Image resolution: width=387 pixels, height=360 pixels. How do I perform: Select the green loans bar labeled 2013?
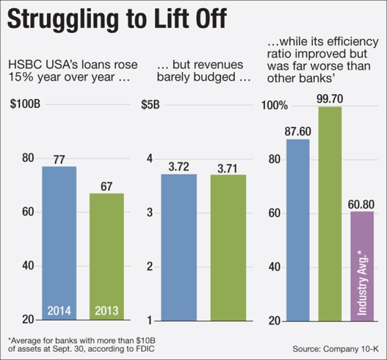(107, 256)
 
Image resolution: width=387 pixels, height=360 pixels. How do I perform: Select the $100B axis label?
(25, 103)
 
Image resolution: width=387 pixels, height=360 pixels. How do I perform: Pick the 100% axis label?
(276, 105)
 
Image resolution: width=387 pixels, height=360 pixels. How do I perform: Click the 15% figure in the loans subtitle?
(18, 78)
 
